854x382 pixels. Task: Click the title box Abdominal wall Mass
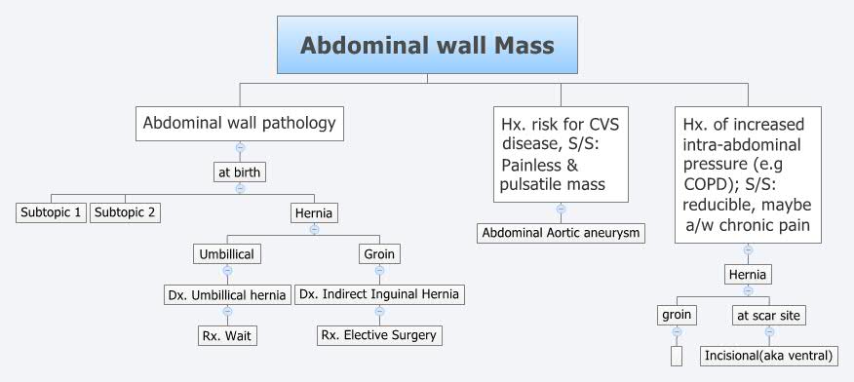(427, 45)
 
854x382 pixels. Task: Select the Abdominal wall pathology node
(240, 124)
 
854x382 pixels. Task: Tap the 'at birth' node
(240, 172)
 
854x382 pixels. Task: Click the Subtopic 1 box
(52, 212)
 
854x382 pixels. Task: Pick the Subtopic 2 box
(125, 212)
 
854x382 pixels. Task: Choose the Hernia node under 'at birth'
(314, 212)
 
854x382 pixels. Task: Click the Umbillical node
(227, 253)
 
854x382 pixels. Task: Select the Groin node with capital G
(379, 253)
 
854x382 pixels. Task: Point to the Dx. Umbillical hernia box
(227, 294)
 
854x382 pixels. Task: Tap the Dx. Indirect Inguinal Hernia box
(379, 294)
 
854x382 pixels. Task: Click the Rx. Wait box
(227, 335)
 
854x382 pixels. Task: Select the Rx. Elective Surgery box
(379, 335)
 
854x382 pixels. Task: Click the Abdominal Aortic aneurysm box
(561, 233)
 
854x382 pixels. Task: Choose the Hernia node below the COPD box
(748, 275)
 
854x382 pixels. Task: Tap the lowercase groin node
(677, 315)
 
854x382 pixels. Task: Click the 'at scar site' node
(769, 315)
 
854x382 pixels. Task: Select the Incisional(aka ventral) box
(769, 356)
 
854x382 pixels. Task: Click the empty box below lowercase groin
(677, 356)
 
